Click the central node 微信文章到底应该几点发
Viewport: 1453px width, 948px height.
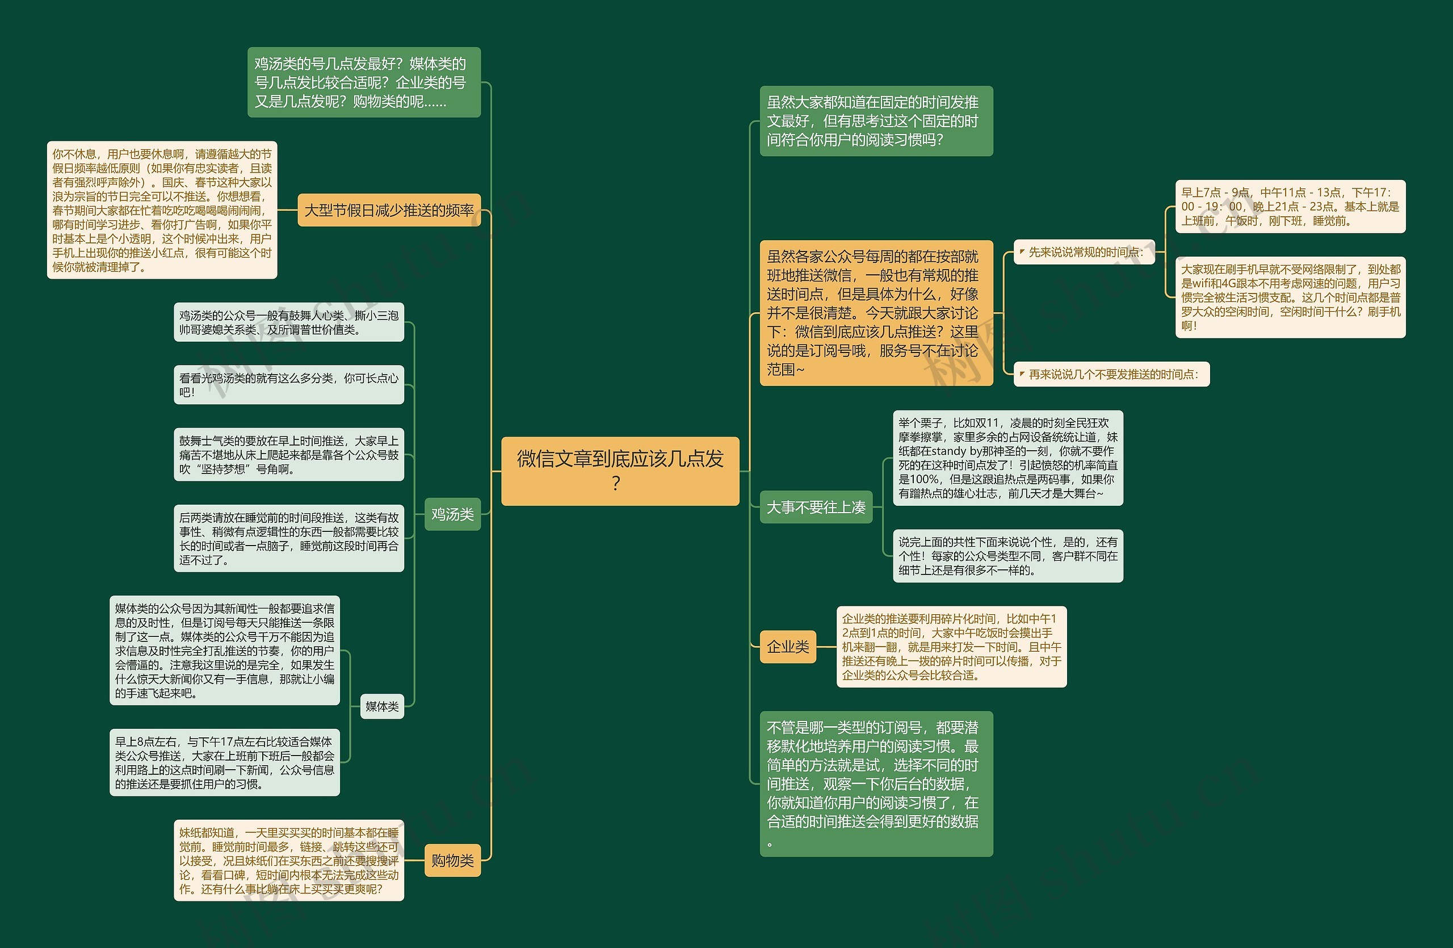tap(620, 471)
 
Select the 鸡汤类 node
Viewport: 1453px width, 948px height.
tap(452, 514)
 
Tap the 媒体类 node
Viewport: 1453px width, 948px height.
tap(381, 706)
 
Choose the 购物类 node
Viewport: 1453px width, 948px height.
tap(452, 860)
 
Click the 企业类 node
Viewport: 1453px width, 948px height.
tap(788, 647)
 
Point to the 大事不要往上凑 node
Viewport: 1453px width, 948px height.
tap(816, 507)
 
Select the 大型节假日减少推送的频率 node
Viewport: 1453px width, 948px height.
tap(389, 211)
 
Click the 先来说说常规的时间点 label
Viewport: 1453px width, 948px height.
tap(1084, 252)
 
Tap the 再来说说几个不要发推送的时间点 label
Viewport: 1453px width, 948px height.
tap(1112, 374)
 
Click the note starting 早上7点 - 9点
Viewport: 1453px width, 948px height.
tap(1290, 206)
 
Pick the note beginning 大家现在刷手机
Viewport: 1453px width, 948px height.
tap(1290, 297)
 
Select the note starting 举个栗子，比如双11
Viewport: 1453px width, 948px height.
tap(1007, 458)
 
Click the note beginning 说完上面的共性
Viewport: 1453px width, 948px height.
tap(1007, 556)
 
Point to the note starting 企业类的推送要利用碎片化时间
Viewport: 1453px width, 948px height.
tap(951, 647)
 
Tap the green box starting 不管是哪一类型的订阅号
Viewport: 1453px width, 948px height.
tap(876, 784)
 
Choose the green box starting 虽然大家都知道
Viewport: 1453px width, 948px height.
tap(876, 121)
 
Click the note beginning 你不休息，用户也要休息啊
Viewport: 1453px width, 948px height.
tap(162, 210)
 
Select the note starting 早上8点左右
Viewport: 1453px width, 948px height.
tap(224, 762)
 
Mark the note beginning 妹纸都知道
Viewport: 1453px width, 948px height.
tap(288, 860)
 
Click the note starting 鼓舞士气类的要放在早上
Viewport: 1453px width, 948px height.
tap(288, 455)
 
